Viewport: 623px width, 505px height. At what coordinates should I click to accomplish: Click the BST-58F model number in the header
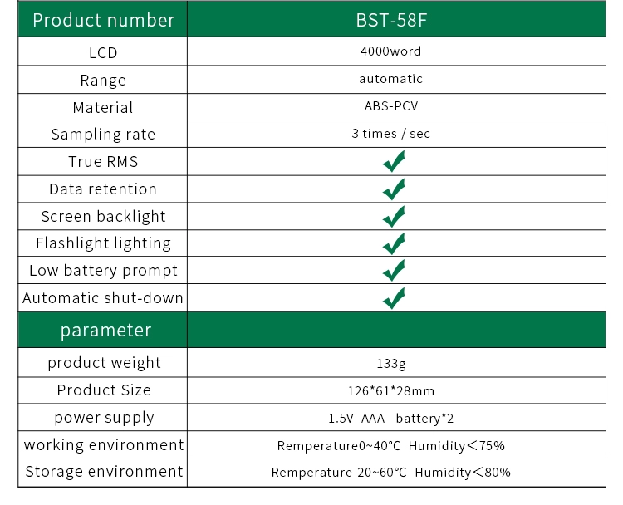point(391,20)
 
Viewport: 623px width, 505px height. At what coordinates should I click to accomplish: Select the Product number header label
point(104,20)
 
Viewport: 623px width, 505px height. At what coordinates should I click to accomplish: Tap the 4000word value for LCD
point(390,51)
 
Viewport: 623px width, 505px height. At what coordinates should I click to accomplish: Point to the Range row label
point(103,81)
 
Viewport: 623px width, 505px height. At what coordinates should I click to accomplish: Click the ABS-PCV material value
point(391,106)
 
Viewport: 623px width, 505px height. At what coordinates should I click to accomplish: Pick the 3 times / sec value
point(390,134)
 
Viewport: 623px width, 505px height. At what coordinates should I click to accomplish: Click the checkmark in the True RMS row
point(394,161)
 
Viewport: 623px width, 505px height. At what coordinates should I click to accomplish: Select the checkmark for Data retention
point(394,189)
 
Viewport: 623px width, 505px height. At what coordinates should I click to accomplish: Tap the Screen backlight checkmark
point(394,217)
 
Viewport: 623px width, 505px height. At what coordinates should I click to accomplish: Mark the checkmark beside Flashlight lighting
point(394,243)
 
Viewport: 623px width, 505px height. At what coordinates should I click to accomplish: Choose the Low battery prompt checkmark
point(394,270)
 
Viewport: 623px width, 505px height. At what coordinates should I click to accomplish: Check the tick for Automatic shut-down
point(394,298)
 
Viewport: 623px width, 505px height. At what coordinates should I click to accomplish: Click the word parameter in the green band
point(106,331)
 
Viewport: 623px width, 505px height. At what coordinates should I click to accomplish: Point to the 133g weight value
point(391,364)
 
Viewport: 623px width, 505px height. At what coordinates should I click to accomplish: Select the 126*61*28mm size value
point(391,391)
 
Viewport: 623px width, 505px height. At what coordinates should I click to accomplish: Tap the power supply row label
point(104,418)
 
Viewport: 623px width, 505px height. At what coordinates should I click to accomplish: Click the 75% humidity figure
point(492,446)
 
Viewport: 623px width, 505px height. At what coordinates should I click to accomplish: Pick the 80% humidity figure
point(498,473)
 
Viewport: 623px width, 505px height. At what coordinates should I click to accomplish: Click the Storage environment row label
point(104,472)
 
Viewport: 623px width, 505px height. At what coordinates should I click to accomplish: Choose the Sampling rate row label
point(103,135)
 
